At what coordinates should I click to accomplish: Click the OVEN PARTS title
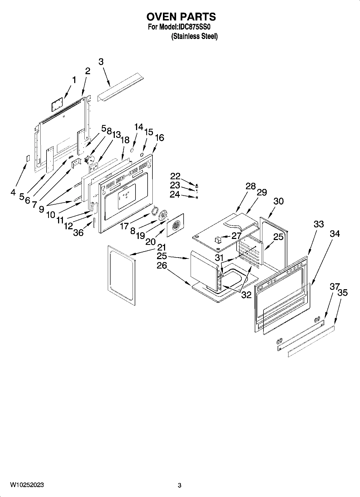pos(181,17)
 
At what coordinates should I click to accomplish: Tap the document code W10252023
pos(27,485)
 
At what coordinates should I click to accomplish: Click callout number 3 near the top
pos(101,62)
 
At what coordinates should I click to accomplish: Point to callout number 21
pos(161,247)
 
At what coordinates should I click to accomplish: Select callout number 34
pos(335,234)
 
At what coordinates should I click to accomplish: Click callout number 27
pos(236,236)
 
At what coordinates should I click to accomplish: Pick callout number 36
pos(78,233)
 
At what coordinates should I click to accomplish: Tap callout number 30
pos(279,201)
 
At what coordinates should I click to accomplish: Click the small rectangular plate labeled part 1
pos(57,104)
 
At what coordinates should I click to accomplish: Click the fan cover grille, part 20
pos(176,225)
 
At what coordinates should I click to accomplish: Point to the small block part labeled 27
pos(218,239)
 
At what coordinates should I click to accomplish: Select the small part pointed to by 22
pos(197,186)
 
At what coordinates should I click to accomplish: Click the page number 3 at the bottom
pos(180,485)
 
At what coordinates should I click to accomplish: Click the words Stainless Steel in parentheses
pos(194,37)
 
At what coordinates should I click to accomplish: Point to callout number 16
pos(159,138)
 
